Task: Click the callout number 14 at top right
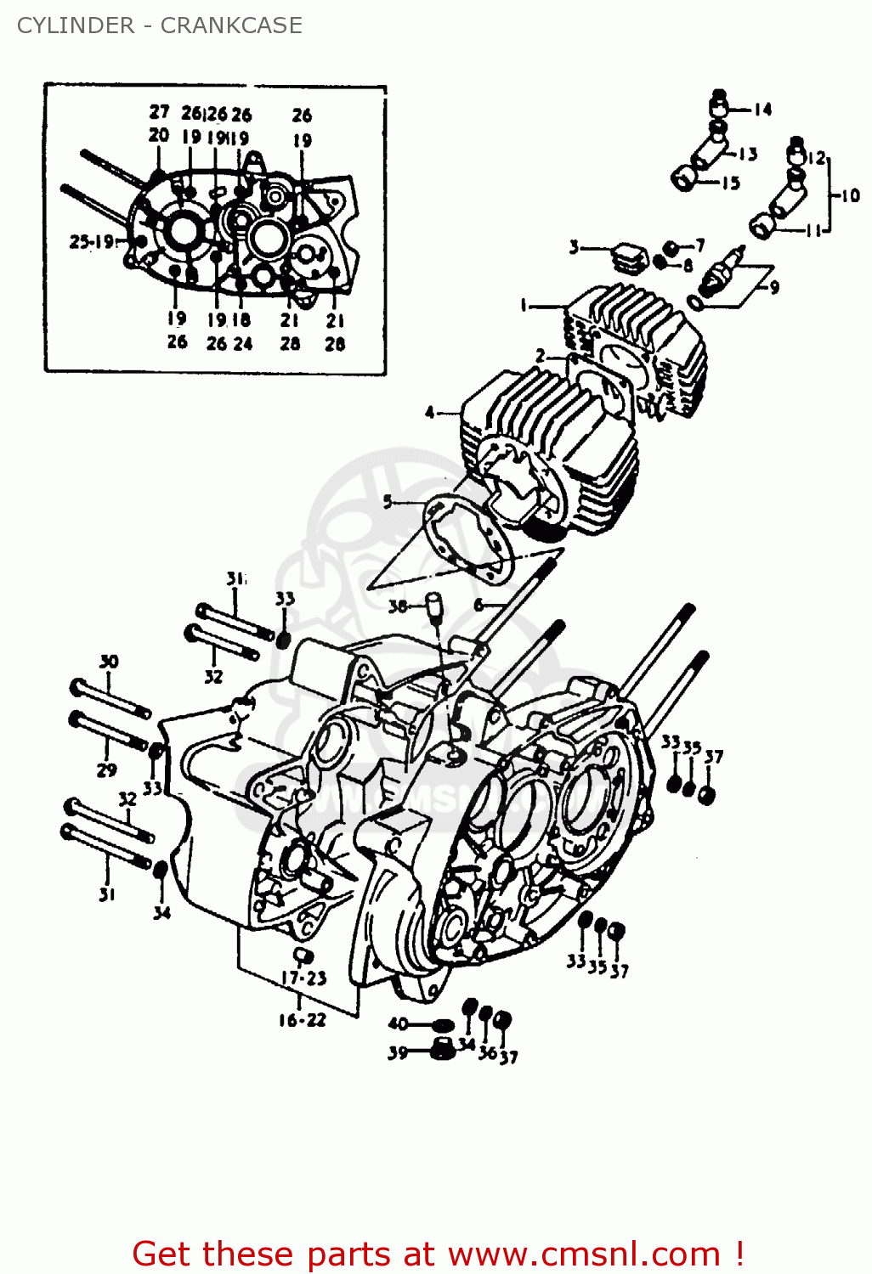[x=762, y=109]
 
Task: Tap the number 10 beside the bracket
[x=850, y=195]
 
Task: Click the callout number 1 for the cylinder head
[x=524, y=305]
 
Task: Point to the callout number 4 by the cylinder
[x=430, y=413]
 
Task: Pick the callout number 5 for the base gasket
[x=388, y=501]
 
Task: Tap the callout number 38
[x=398, y=606]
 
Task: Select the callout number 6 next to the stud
[x=478, y=605]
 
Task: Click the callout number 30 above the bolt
[x=109, y=662]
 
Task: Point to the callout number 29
[x=106, y=770]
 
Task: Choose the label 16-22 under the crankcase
[x=302, y=1020]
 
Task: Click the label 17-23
[x=303, y=978]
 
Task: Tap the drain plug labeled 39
[x=439, y=1049]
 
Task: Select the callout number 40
[x=398, y=1023]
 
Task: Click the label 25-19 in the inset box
[x=91, y=242]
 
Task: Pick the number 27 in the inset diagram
[x=159, y=112]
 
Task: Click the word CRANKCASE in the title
[x=231, y=25]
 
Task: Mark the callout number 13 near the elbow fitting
[x=747, y=154]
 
